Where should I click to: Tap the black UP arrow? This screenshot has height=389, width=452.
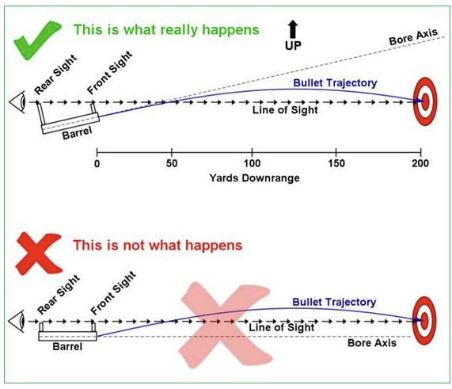point(293,29)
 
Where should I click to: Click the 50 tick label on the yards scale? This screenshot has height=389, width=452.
point(172,163)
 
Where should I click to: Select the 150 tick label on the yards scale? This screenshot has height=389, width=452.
point(336,163)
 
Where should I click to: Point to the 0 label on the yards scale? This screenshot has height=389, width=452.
point(97,164)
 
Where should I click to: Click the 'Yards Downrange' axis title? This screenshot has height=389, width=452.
point(254,177)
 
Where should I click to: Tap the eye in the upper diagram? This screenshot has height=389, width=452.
point(17,102)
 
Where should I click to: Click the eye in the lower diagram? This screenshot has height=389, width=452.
point(17,321)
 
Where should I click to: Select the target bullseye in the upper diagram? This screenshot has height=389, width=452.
point(425,101)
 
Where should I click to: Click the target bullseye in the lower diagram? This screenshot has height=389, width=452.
point(424,321)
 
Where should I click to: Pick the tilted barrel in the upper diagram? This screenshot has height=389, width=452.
point(70,124)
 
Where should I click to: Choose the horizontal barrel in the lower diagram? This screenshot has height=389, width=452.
point(68,336)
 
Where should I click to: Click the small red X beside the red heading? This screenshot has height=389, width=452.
point(39,254)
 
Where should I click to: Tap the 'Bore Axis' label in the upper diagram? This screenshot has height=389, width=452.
point(413,36)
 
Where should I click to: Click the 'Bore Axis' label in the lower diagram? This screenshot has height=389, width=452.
point(372,343)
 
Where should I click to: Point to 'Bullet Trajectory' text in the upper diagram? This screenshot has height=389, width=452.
point(335,83)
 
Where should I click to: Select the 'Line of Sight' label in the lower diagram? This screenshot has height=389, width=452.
point(281,327)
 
